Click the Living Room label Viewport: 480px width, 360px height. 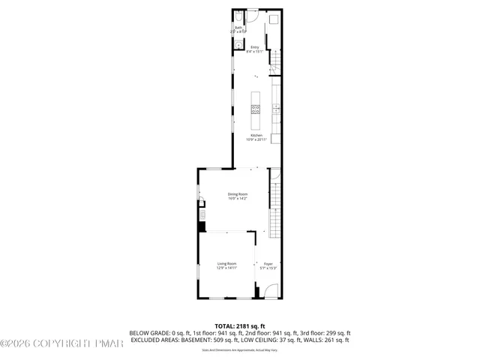coord(227,263)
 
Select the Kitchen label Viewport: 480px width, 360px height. coord(256,135)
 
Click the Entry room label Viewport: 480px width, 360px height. coord(255,47)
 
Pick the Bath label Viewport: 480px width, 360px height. coord(238,28)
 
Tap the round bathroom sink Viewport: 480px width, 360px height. coord(238,45)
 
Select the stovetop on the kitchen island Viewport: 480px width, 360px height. coord(256,109)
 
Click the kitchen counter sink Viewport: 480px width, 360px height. coord(276,109)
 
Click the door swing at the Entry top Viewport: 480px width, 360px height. coord(254,16)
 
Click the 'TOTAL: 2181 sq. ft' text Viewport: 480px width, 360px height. coord(240,325)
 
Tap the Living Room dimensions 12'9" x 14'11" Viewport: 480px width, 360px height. coord(227,268)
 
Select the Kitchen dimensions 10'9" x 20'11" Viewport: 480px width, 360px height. coord(256,139)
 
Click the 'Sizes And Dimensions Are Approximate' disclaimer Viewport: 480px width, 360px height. coord(240,350)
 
